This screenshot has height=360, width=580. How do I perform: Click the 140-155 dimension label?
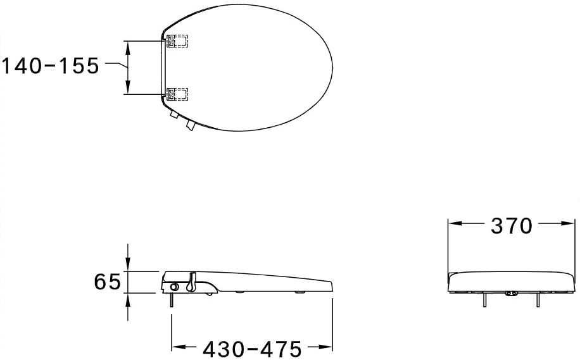coord(49,66)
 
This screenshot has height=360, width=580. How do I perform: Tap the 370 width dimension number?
coord(512,226)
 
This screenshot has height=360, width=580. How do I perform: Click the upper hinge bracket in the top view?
coord(177,40)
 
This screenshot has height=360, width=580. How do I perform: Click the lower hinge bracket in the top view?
coord(177,94)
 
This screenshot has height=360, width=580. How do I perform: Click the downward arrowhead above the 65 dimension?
coord(129,266)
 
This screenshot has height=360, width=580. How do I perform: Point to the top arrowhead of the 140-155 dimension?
coord(129,46)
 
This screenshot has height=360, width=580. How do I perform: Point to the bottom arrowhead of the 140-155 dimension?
coord(129,89)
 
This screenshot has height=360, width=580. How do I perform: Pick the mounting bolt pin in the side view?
coord(171,300)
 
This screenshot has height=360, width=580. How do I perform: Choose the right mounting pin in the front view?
coord(539,300)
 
